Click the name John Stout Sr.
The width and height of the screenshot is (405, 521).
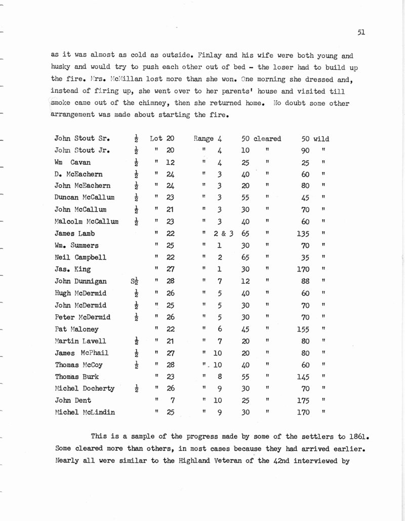83,138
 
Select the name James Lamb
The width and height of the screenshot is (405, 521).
74,234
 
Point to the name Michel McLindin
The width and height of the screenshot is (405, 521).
85,412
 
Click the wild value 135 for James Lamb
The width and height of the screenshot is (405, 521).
303,234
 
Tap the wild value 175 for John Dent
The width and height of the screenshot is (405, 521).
303,400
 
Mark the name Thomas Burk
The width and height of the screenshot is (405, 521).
76,377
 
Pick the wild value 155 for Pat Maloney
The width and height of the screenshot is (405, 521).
303,329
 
